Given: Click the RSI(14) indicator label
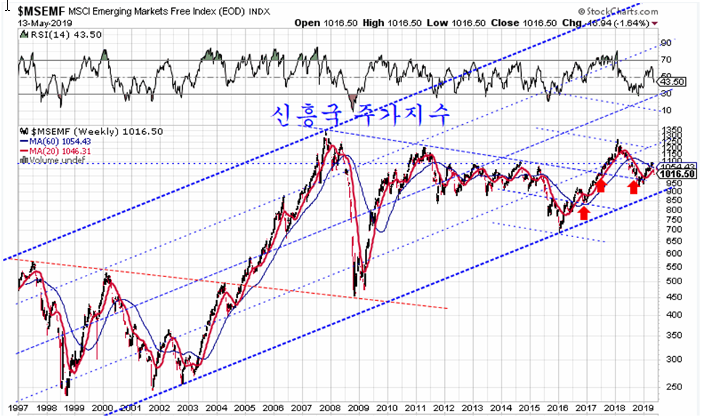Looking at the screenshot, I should coord(44,35).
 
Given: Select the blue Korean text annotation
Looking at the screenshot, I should coord(361,114).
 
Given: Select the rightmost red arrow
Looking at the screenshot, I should coord(633,186).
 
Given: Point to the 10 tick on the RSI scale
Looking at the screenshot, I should coord(665,110).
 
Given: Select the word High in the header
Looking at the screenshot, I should coord(373,22).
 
